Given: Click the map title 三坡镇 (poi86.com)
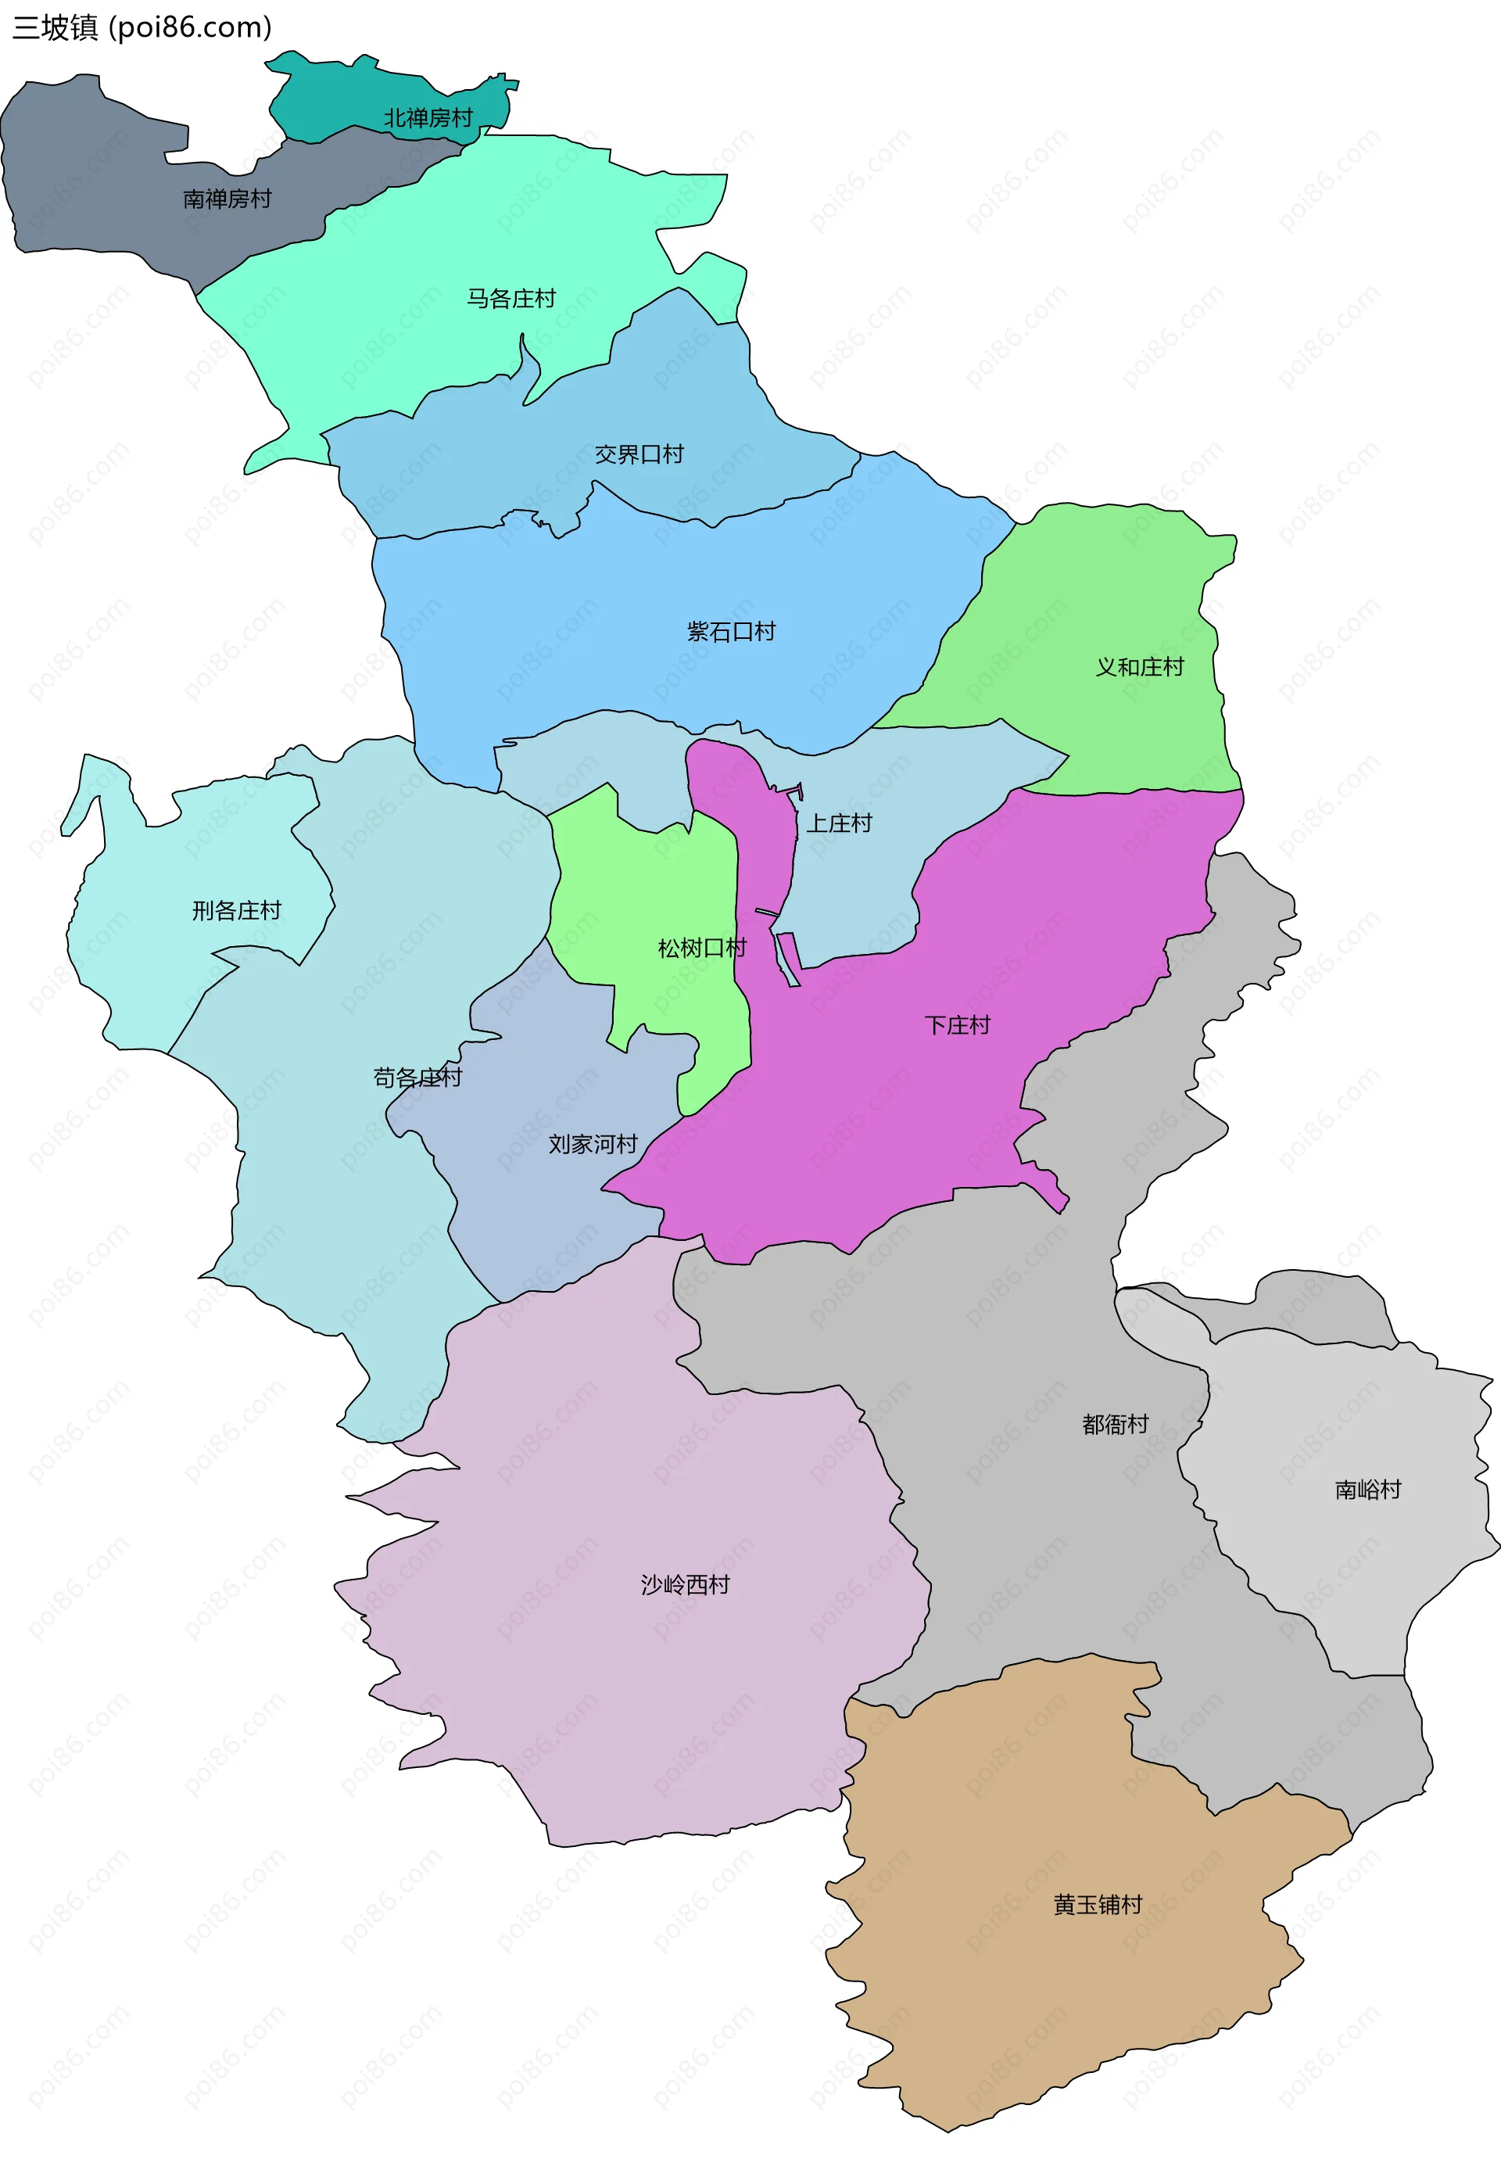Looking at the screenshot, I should (x=141, y=27).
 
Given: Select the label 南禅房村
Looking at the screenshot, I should (x=227, y=199).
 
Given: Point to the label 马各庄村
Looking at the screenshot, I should (x=510, y=299).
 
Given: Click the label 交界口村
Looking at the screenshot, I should (x=639, y=455).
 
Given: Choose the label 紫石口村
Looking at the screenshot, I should (x=731, y=632).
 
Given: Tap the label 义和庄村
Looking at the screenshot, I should (x=1139, y=668).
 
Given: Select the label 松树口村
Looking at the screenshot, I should (x=701, y=948).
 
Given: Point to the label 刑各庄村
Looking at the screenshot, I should (x=236, y=910).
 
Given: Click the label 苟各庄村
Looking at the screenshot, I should (x=417, y=1078).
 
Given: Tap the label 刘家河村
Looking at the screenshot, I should (x=593, y=1145).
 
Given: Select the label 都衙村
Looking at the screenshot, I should (x=1115, y=1425).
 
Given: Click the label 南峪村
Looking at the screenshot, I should (x=1367, y=1490).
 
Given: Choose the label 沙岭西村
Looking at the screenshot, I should (x=685, y=1585).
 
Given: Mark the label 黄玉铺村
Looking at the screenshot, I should (x=1097, y=1905).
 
